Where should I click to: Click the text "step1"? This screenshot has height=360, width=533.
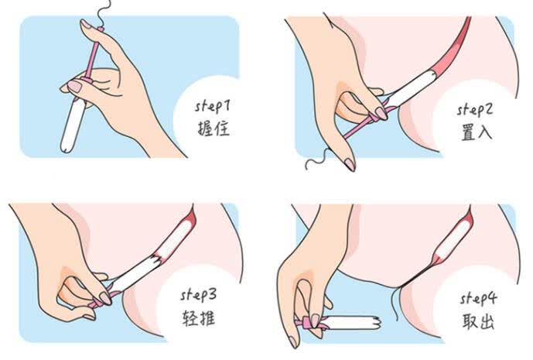213,106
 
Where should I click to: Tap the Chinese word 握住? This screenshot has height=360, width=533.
214,129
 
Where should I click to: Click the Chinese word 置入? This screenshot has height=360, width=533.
476,132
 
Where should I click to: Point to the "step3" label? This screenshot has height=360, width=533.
198,295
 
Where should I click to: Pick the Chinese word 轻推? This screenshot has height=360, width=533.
199,318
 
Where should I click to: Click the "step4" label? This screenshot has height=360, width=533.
478,298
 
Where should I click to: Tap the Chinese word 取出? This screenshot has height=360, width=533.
478,321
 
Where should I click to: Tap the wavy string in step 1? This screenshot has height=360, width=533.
103,13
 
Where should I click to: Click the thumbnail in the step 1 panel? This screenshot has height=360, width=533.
75,87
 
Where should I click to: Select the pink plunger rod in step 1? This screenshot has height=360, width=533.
93,54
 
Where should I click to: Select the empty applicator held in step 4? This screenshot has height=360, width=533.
350,323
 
